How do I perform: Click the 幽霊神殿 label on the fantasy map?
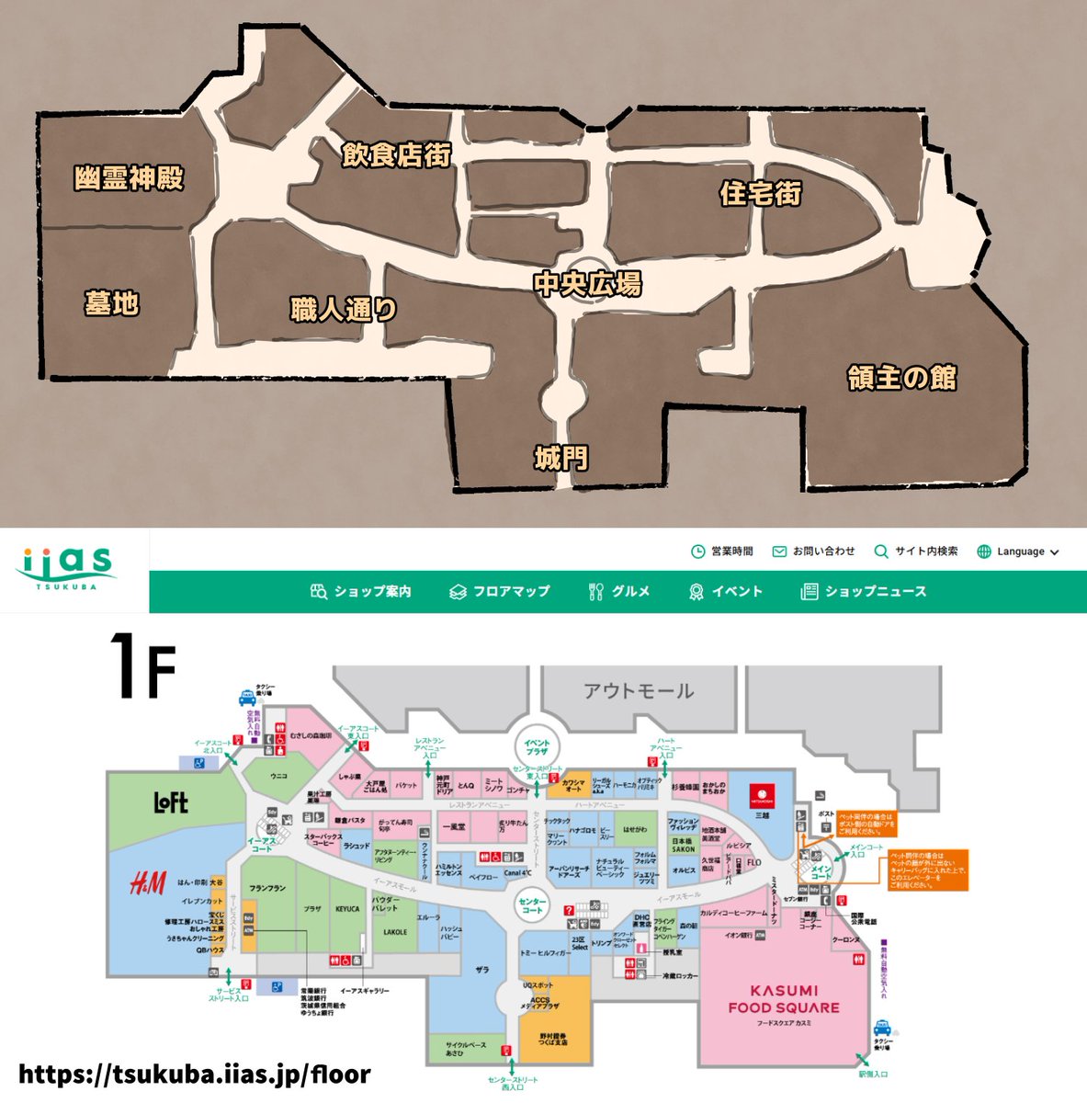pyautogui.click(x=129, y=177)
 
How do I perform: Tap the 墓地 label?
pyautogui.click(x=111, y=302)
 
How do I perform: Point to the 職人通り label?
pyautogui.click(x=343, y=310)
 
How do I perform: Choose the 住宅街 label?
pyautogui.click(x=760, y=194)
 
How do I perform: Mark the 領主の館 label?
pyautogui.click(x=901, y=378)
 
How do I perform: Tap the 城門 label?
pyautogui.click(x=560, y=457)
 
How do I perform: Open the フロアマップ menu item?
pyautogui.click(x=501, y=591)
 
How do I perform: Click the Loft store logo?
pyautogui.click(x=171, y=802)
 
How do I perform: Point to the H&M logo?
pyautogui.click(x=147, y=885)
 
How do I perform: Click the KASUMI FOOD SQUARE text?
pyautogui.click(x=784, y=998)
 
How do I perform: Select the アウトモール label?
pyautogui.click(x=639, y=690)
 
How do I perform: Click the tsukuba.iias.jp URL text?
pyautogui.click(x=194, y=1074)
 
